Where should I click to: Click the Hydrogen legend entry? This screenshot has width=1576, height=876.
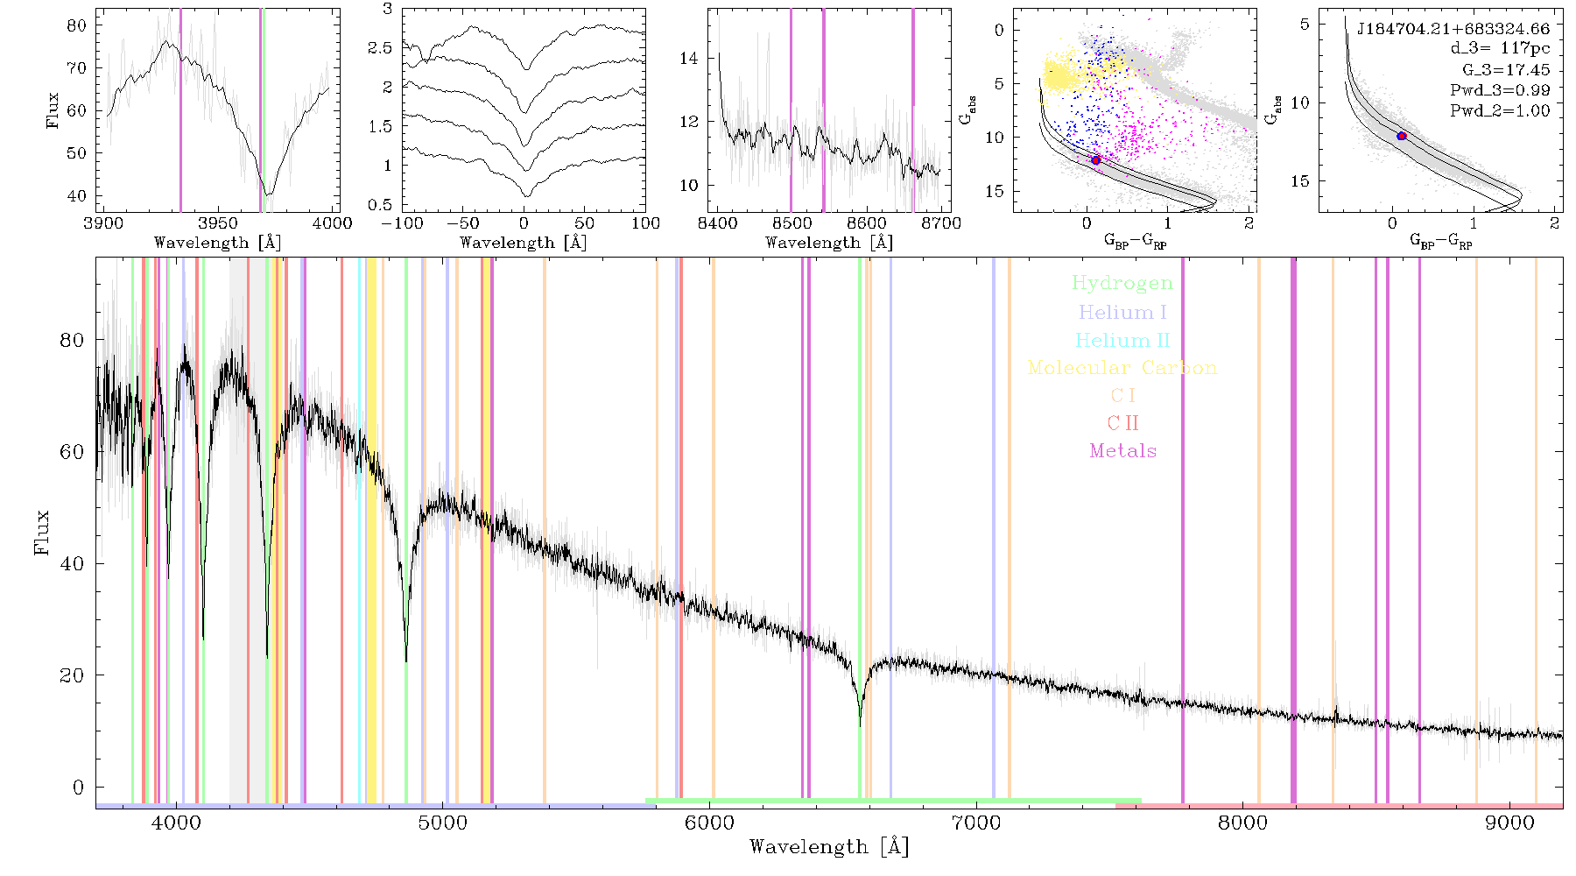pos(1122,283)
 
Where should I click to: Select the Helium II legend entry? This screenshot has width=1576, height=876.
pos(1122,340)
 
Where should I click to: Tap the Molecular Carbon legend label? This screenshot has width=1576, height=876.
pos(1122,368)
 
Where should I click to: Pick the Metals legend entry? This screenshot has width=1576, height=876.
pos(1122,451)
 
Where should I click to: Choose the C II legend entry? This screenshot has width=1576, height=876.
pos(1122,423)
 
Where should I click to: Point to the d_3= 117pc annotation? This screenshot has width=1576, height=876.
pos(1500,49)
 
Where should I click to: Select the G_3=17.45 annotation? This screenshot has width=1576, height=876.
pos(1506,69)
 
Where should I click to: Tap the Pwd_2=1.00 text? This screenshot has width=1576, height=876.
pos(1500,110)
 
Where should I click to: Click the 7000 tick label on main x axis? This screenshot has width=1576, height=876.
pos(975,823)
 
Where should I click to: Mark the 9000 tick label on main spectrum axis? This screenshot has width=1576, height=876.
pos(1509,823)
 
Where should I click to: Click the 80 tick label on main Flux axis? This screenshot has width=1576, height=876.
pos(72,340)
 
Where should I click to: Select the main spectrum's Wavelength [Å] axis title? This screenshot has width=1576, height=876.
pos(829,847)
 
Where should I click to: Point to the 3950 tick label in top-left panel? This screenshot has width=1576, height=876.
pos(218,223)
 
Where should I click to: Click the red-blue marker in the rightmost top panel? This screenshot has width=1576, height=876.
pos(1402,136)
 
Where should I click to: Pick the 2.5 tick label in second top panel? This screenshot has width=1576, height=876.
pos(380,48)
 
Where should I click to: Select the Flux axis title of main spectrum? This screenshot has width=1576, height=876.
pos(41,533)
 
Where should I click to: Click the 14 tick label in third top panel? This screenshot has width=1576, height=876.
pos(689,59)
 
